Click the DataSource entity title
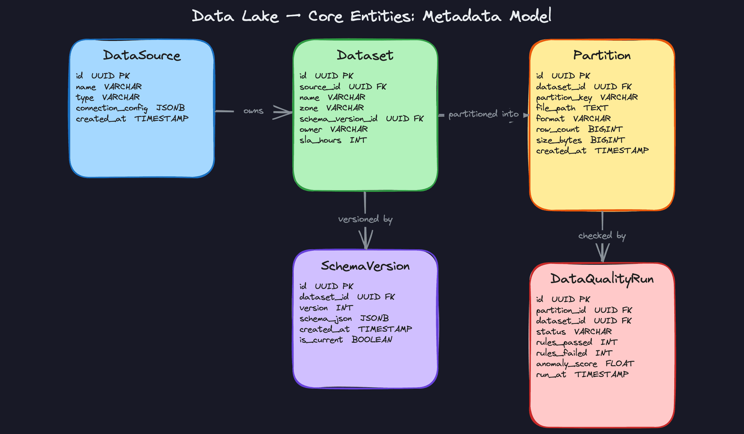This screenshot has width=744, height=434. pyautogui.click(x=142, y=55)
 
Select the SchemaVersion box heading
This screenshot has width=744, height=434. pyautogui.click(x=365, y=266)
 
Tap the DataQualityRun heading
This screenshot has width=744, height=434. pyautogui.click(x=602, y=279)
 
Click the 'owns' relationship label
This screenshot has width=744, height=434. pyautogui.click(x=253, y=111)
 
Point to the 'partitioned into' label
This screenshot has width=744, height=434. pyautogui.click(x=483, y=114)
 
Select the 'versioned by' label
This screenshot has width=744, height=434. pyautogui.click(x=365, y=219)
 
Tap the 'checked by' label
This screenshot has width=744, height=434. pyautogui.click(x=602, y=236)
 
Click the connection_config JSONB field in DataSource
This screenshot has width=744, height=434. pyautogui.click(x=130, y=108)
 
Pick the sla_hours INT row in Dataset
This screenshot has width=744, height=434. pyautogui.click(x=333, y=140)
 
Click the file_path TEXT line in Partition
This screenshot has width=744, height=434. pyautogui.click(x=572, y=108)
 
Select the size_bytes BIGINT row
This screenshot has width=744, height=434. pyautogui.click(x=580, y=140)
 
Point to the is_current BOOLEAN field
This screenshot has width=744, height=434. pyautogui.click(x=346, y=340)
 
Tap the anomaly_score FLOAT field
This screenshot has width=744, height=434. pyautogui.click(x=585, y=364)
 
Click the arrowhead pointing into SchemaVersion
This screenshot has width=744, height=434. pyautogui.click(x=365, y=241)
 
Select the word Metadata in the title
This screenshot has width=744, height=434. pyautogui.click(x=462, y=16)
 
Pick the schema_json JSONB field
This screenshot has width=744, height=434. pyautogui.click(x=344, y=319)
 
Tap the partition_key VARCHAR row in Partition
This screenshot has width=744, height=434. pyautogui.click(x=587, y=97)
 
